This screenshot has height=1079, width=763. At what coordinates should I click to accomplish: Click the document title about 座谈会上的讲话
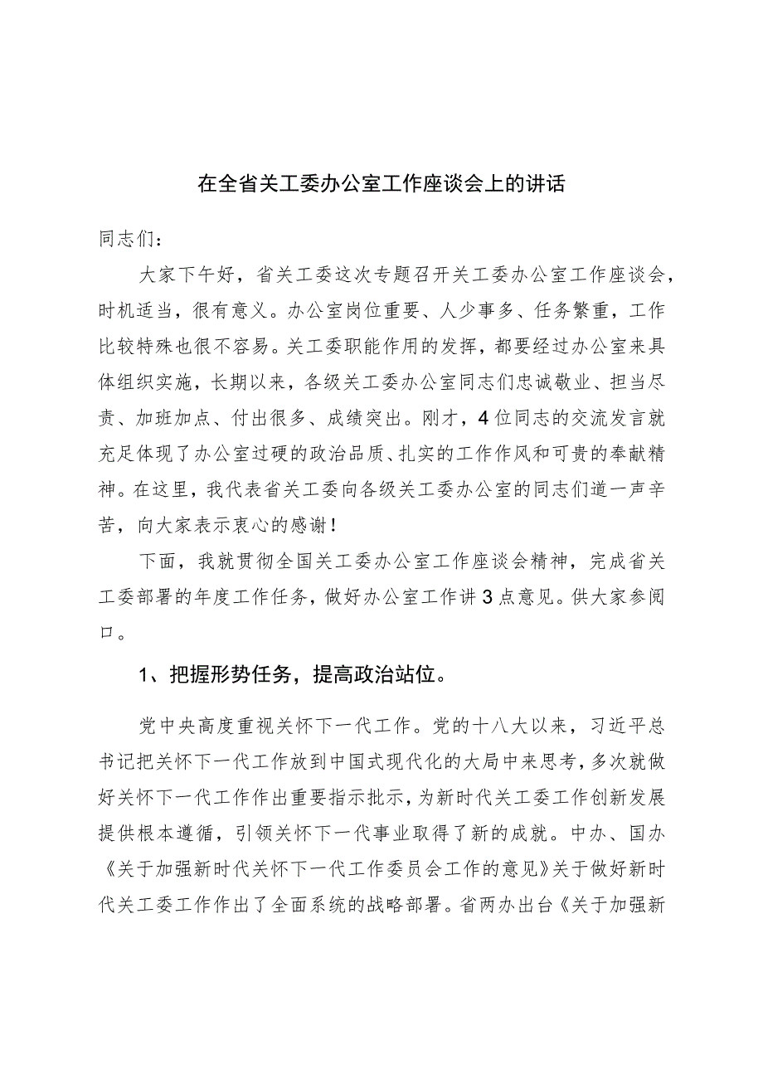(381, 183)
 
